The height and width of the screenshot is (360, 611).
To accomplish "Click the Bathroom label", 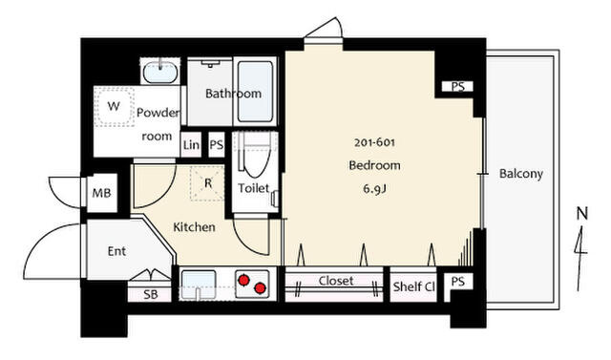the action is click(x=233, y=94).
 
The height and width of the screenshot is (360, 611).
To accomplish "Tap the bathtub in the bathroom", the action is click(x=255, y=92).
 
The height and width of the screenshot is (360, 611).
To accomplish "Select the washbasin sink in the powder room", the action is click(x=160, y=72).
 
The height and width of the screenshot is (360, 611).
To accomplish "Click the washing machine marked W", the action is click(x=114, y=106).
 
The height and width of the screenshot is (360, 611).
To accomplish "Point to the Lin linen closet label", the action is click(x=191, y=145).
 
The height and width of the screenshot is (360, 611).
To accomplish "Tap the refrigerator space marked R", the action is click(x=207, y=183).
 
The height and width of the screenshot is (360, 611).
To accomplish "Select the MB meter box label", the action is click(x=101, y=193).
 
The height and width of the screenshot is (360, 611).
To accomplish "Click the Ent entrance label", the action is click(x=116, y=251).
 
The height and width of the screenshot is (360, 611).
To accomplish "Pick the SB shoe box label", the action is click(x=151, y=294).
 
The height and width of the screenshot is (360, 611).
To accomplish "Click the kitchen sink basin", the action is click(x=199, y=285).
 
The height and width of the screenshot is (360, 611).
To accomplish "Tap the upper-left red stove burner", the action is click(x=244, y=280).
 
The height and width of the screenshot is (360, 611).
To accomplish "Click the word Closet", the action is click(x=335, y=281).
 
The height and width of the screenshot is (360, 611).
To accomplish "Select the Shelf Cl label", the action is click(x=413, y=286).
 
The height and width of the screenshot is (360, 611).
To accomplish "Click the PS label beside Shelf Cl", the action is click(x=458, y=282).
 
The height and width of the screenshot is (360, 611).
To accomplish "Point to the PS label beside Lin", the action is click(x=217, y=145).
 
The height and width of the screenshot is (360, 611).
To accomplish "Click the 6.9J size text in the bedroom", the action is click(x=374, y=189).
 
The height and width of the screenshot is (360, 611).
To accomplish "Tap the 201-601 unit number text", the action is click(x=374, y=142).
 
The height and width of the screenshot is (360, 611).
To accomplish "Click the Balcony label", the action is click(x=521, y=174).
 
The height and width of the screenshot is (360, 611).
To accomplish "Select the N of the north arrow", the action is click(x=581, y=214).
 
